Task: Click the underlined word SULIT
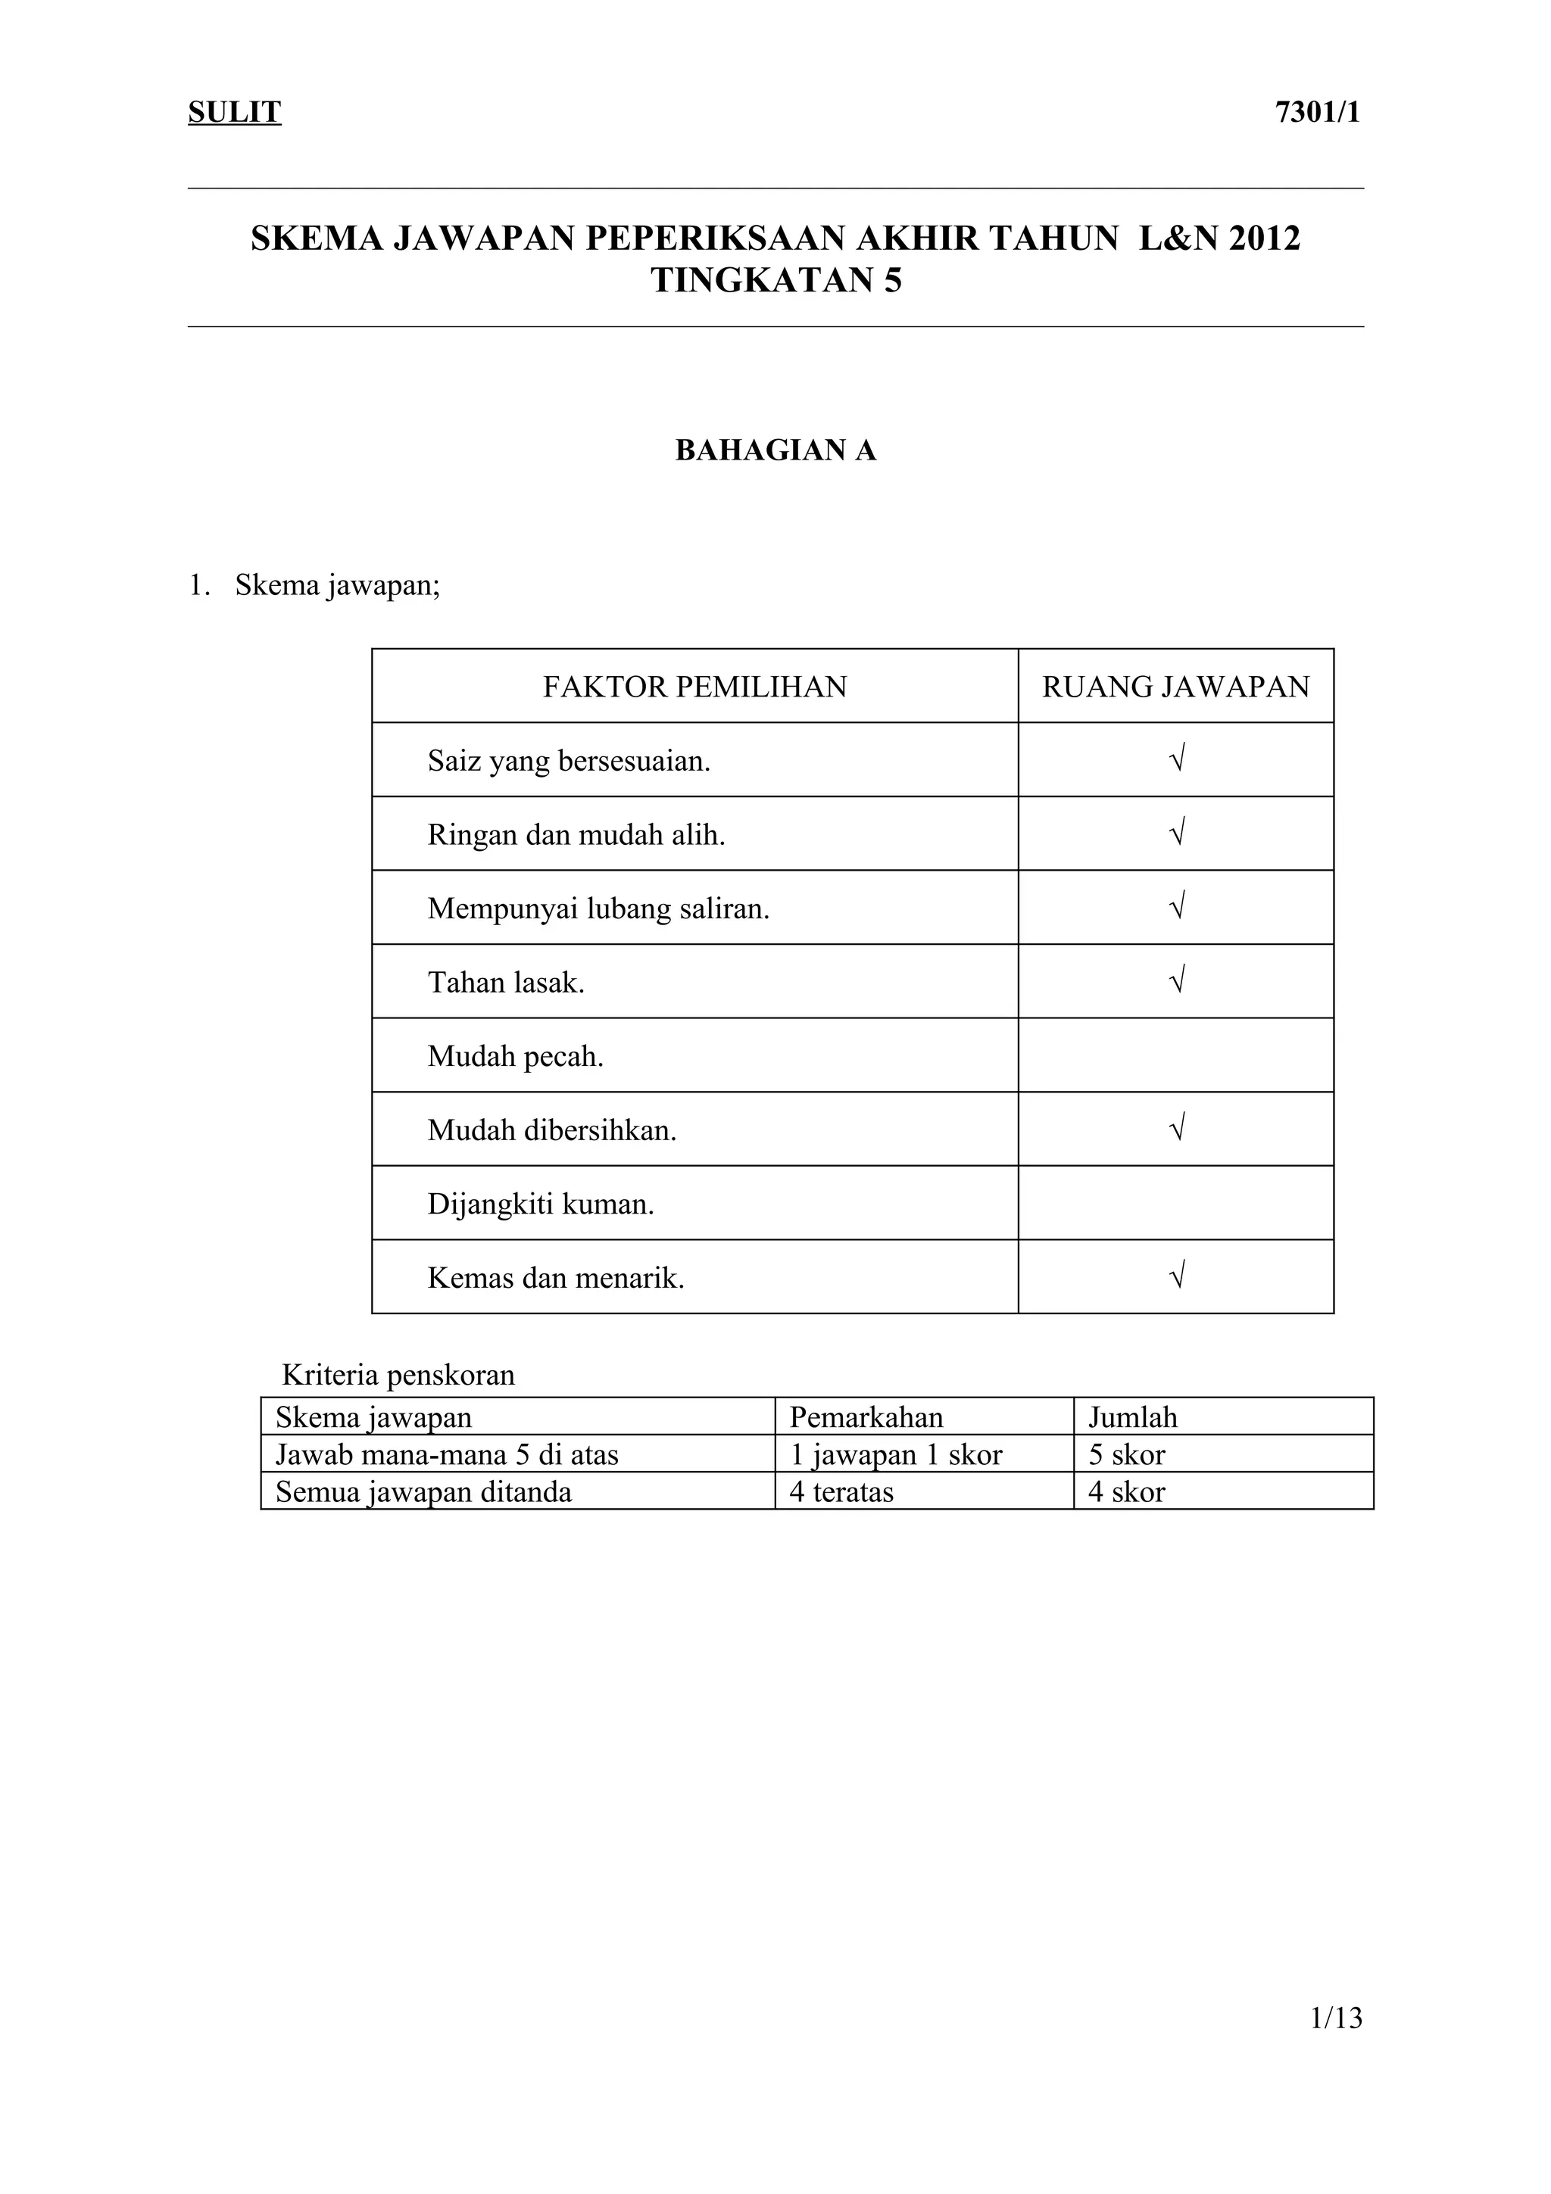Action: [x=234, y=113]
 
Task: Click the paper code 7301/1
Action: [x=1317, y=113]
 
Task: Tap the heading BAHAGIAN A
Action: [x=775, y=450]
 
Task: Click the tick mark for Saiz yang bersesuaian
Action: [x=1178, y=759]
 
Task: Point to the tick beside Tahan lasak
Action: [x=1178, y=980]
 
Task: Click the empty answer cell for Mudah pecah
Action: [x=1175, y=1055]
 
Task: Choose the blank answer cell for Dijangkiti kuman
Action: [x=1175, y=1203]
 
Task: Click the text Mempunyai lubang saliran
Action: [x=598, y=908]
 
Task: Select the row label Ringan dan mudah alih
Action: [x=576, y=835]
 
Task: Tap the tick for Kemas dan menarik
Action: [x=1178, y=1275]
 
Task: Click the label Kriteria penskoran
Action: [x=398, y=1375]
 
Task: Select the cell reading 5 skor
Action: [x=1127, y=1454]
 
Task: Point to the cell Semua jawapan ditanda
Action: [x=423, y=1491]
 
